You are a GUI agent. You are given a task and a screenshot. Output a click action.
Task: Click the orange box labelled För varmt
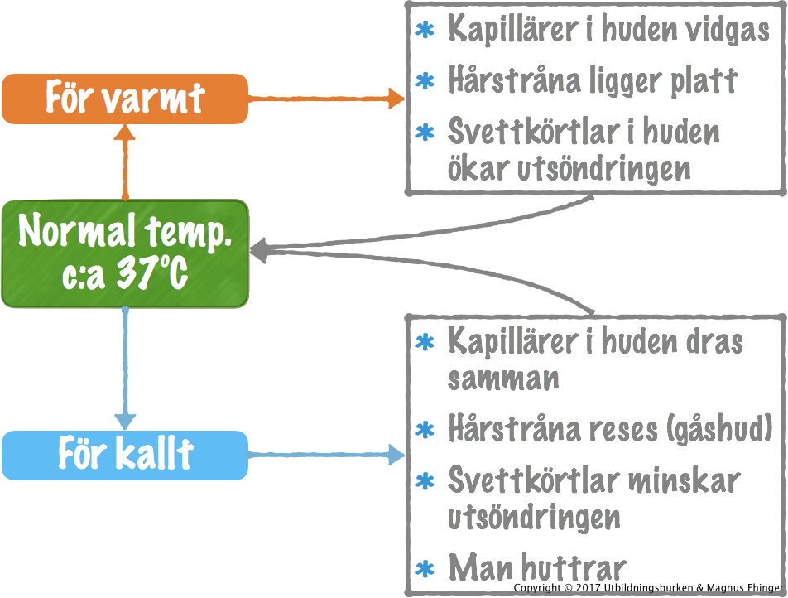click(124, 99)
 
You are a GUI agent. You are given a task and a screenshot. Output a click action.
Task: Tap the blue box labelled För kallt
click(124, 455)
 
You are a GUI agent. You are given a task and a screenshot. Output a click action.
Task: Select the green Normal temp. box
click(124, 253)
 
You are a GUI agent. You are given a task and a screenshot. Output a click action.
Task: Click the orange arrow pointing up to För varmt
click(125, 162)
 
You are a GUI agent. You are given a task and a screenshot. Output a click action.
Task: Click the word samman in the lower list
click(503, 378)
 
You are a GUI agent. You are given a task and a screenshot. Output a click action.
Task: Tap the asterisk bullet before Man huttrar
click(425, 569)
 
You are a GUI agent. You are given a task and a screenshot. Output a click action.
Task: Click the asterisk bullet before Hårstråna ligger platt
click(425, 81)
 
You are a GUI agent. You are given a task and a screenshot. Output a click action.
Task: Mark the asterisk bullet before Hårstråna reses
click(425, 430)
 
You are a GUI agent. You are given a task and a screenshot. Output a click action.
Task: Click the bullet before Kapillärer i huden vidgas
click(425, 31)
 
